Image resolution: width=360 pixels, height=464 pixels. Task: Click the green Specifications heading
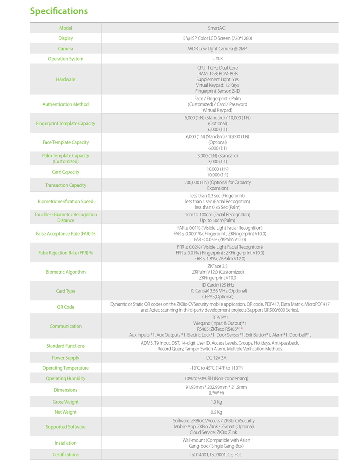[x=59, y=11]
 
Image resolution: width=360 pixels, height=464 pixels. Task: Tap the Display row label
[x=66, y=38]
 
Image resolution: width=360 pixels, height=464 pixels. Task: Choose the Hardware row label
[x=66, y=80]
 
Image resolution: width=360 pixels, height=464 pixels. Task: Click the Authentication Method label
[x=66, y=104]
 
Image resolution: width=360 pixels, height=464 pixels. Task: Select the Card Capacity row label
[x=66, y=172]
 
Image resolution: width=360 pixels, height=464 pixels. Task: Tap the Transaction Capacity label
[x=66, y=186]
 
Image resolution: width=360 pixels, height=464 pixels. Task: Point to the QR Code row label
[x=66, y=307]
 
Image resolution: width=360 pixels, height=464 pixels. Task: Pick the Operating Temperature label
[x=66, y=368]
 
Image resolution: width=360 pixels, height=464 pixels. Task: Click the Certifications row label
[x=66, y=455]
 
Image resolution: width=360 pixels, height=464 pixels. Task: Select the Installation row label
[x=66, y=443]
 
